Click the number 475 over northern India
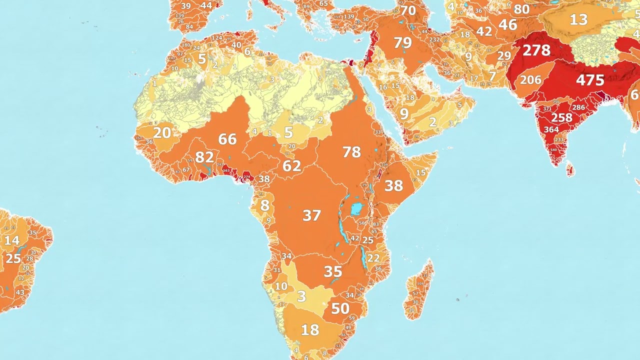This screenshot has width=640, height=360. [x=590, y=80]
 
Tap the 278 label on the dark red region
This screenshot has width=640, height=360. [x=536, y=50]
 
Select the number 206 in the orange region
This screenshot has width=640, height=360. [x=530, y=80]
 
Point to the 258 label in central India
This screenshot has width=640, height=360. [x=561, y=118]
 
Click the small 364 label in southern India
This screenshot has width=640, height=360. [x=551, y=130]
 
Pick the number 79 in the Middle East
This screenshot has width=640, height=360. [x=402, y=43]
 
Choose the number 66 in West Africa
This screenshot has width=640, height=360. [x=227, y=139]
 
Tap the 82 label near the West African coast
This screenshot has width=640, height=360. [x=204, y=157]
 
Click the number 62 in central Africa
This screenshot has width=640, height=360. [x=291, y=166]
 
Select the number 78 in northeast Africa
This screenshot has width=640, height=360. [x=351, y=152]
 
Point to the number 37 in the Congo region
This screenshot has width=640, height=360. [x=311, y=215]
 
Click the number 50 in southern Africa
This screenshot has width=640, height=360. [x=340, y=308]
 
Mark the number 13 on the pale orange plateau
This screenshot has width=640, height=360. [x=578, y=20]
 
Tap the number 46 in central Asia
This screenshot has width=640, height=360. [x=507, y=24]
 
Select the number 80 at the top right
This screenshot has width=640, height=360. [x=521, y=9]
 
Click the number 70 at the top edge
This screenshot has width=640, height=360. [x=407, y=10]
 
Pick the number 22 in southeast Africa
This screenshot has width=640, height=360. [x=373, y=258]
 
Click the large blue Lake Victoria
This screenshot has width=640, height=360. [x=356, y=209]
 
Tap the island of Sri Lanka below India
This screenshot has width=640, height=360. [x=570, y=171]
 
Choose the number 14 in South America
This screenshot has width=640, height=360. [x=11, y=240]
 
